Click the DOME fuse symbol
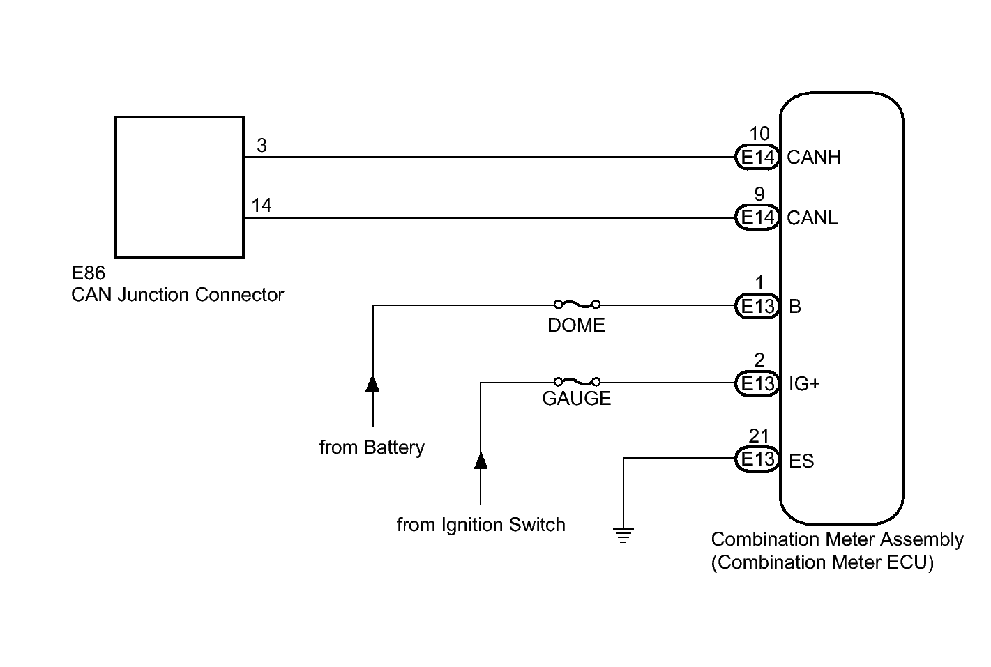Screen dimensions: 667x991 point(577,305)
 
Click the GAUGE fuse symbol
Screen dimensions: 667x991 point(577,382)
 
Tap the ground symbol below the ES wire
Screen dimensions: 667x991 point(623,536)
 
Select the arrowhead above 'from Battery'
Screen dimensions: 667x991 point(373,383)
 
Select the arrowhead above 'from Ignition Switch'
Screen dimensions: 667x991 point(481,460)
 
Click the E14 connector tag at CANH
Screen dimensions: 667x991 point(757,158)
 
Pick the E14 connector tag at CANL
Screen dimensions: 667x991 point(757,218)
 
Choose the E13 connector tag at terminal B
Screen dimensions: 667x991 point(757,306)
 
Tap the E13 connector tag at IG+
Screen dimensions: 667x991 point(757,383)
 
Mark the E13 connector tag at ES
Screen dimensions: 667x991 point(757,459)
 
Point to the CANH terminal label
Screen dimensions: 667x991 point(814,158)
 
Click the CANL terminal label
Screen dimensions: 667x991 point(812,218)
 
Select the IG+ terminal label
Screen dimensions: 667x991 point(804,383)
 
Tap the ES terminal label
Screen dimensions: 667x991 point(801,461)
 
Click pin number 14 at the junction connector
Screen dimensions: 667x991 point(262,206)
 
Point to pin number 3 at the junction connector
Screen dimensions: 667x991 point(262,146)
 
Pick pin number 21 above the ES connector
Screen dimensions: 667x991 point(759,436)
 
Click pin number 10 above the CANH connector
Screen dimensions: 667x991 point(759,134)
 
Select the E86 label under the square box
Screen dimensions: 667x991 point(88,273)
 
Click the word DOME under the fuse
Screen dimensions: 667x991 point(576,325)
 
